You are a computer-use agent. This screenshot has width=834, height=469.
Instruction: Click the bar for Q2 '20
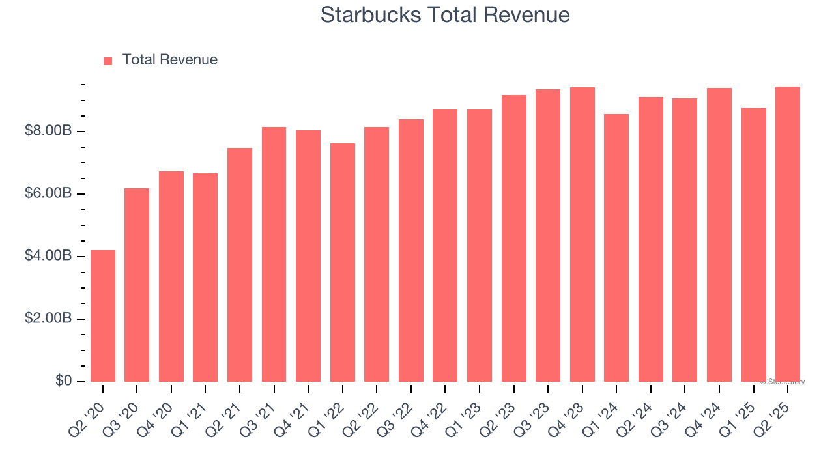tap(103, 316)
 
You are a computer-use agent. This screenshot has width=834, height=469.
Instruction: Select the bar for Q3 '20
tap(137, 285)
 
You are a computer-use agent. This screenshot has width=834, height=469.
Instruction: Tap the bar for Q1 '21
tap(205, 277)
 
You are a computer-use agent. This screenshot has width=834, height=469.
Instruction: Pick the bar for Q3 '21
tap(274, 254)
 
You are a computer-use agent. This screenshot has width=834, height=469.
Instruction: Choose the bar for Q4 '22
tap(445, 246)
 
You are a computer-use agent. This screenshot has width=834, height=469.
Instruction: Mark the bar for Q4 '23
tap(582, 234)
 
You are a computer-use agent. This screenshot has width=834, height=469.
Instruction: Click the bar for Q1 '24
tap(616, 248)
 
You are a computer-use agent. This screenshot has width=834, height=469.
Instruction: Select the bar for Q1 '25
tap(754, 245)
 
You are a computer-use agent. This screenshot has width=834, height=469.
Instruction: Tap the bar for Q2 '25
tap(788, 234)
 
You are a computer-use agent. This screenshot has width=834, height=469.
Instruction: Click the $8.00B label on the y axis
tap(48, 132)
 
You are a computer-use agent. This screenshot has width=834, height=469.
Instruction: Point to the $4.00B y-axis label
tap(48, 256)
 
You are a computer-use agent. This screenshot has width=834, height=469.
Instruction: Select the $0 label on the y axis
tap(63, 380)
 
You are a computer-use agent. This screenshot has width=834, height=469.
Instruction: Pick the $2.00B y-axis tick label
tap(48, 319)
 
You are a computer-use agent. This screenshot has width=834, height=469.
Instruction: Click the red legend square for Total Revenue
tap(108, 61)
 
